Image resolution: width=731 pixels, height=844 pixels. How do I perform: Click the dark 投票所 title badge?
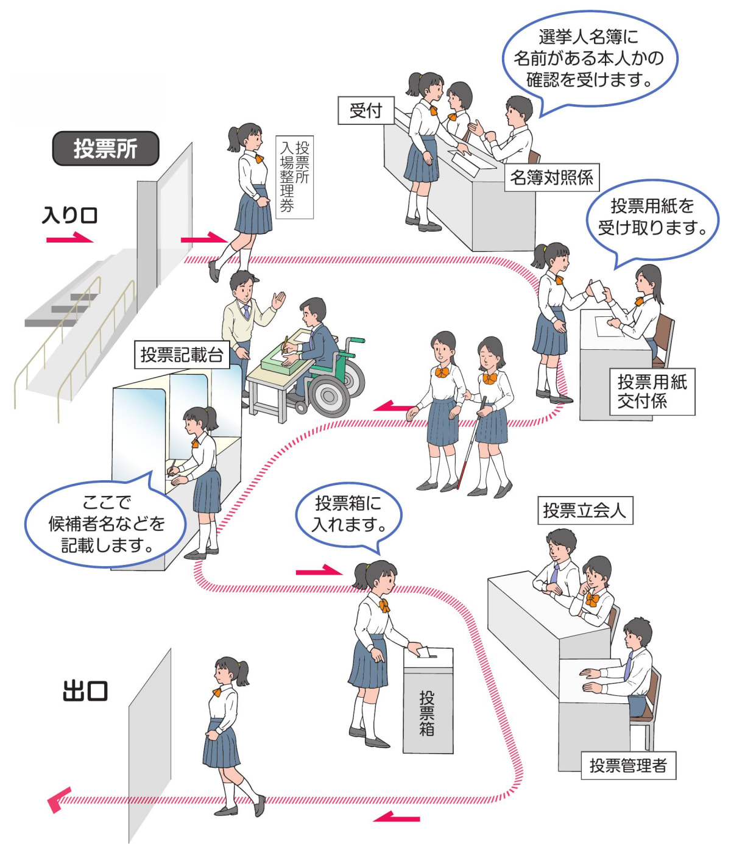(105, 149)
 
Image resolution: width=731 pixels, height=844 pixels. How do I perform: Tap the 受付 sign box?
(366, 110)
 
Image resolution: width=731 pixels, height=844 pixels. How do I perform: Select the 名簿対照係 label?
(551, 177)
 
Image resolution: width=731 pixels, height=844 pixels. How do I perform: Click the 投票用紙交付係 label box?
(652, 392)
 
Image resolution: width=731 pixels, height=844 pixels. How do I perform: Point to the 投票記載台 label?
(182, 355)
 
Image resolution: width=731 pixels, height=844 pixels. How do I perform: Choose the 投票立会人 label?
(585, 510)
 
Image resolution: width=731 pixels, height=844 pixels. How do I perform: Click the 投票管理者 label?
(628, 765)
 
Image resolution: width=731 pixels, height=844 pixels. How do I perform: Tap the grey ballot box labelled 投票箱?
(428, 707)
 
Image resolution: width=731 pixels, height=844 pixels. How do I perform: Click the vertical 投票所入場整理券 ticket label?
(295, 177)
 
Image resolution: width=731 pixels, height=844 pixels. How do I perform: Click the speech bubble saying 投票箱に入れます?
(348, 513)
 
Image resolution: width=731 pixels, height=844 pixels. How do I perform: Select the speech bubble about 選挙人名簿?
(588, 59)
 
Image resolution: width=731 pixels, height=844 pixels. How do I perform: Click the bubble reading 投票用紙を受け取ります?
(652, 217)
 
